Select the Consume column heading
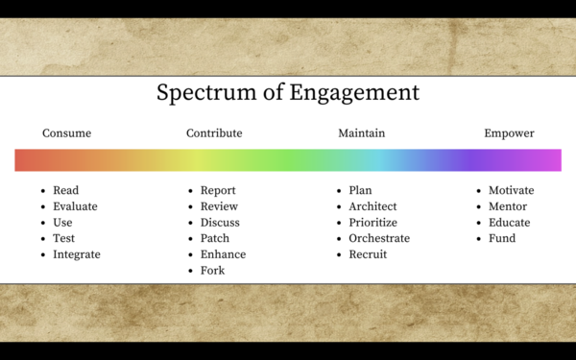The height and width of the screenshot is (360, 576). (x=66, y=133)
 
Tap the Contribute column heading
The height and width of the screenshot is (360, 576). (x=214, y=133)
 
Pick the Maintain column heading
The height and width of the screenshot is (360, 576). (x=361, y=133)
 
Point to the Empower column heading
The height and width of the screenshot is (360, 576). (x=509, y=133)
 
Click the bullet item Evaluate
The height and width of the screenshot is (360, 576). (x=75, y=206)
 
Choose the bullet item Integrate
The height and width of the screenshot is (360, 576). (x=77, y=254)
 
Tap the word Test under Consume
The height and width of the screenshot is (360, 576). (x=64, y=238)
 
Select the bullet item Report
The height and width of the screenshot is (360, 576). (x=218, y=190)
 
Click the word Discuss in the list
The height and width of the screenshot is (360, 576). (x=220, y=223)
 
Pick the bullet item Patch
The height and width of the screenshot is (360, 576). (x=215, y=238)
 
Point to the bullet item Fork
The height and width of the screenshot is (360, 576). (x=212, y=271)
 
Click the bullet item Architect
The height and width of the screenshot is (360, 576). (x=372, y=206)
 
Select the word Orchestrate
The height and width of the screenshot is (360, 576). (x=379, y=238)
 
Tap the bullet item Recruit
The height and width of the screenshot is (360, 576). (x=368, y=254)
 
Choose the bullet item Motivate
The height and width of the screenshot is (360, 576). (x=511, y=190)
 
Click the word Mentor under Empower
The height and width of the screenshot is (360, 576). (x=509, y=206)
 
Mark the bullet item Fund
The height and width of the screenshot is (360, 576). (x=502, y=238)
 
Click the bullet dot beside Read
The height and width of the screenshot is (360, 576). (x=43, y=191)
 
